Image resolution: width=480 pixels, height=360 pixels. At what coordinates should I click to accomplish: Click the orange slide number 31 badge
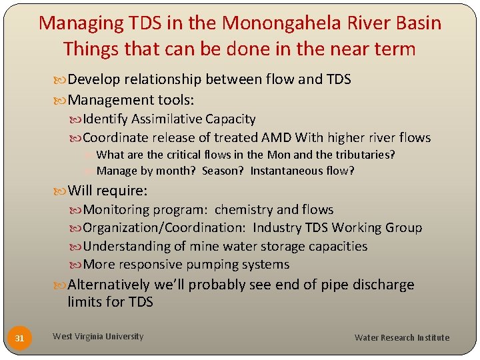[x=19, y=338]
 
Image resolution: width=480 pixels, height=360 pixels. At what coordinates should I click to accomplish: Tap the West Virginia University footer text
[x=98, y=337]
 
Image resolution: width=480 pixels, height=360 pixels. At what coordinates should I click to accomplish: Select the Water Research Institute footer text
[x=401, y=337]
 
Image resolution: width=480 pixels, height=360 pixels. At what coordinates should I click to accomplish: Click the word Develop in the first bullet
[x=94, y=79]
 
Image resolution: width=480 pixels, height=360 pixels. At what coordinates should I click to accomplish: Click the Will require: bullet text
[x=107, y=191]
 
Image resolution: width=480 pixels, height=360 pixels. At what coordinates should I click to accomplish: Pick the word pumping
[x=201, y=265]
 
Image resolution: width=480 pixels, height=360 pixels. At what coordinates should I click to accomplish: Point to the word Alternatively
[x=109, y=285]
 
